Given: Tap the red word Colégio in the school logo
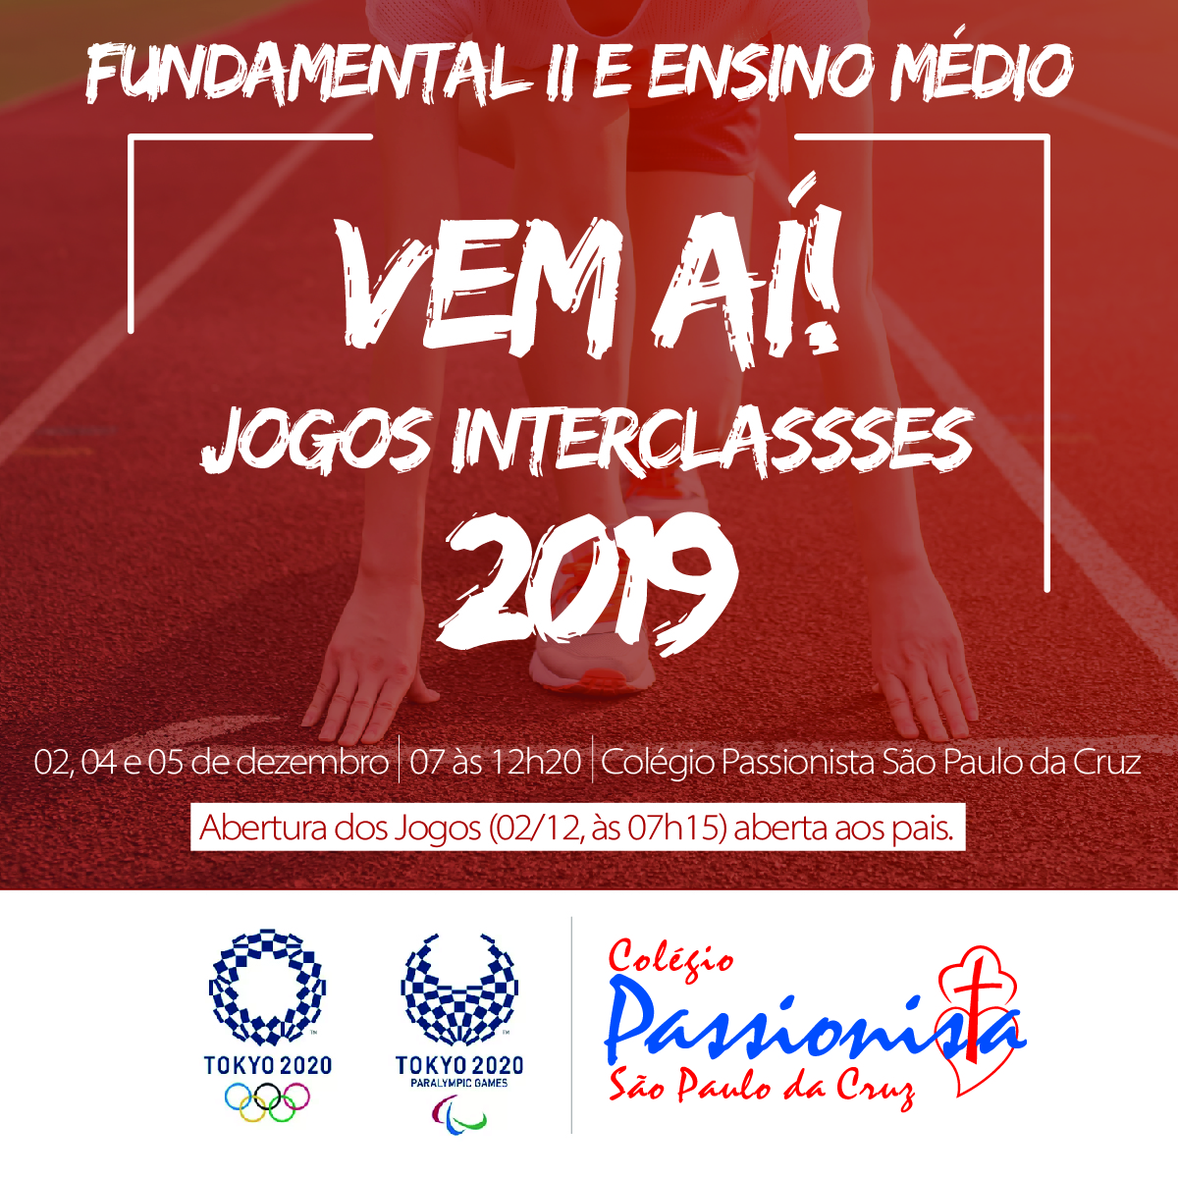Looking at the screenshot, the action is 670,958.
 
